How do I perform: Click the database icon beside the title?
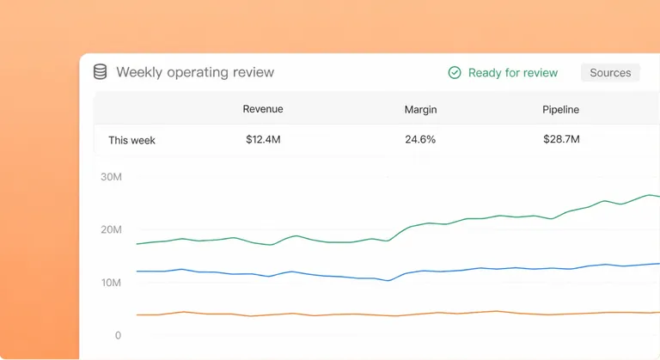(101, 72)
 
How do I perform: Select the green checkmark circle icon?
(455, 73)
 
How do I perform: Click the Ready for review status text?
(513, 73)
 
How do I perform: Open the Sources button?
(610, 73)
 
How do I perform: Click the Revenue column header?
(263, 109)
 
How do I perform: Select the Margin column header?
(420, 109)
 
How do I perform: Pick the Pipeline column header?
(560, 109)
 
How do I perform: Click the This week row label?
(131, 140)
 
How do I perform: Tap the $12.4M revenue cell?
(263, 139)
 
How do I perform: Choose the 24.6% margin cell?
(420, 139)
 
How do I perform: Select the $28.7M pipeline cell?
(561, 139)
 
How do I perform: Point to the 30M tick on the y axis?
(111, 177)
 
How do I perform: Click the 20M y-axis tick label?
(111, 229)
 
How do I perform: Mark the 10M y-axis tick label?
(111, 283)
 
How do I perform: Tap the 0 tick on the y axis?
(118, 335)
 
